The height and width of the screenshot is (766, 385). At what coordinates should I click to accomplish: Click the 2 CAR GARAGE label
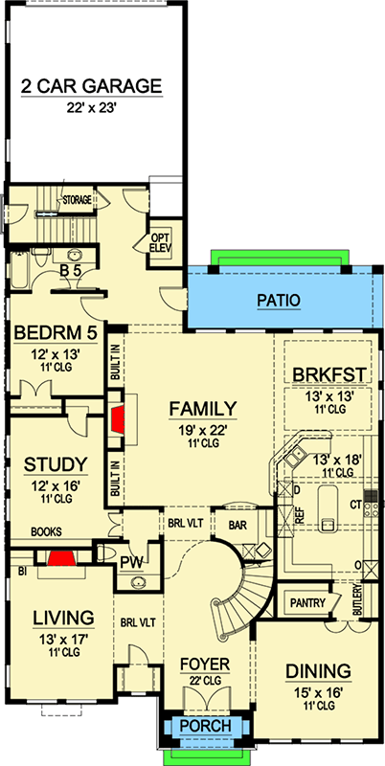[x=93, y=86]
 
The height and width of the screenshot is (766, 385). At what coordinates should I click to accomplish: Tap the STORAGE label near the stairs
[x=77, y=201]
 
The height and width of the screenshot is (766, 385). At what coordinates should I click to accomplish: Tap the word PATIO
[x=278, y=301]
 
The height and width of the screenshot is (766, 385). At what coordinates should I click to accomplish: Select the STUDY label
[x=54, y=464]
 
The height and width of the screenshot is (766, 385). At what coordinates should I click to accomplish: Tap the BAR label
[x=239, y=525]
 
